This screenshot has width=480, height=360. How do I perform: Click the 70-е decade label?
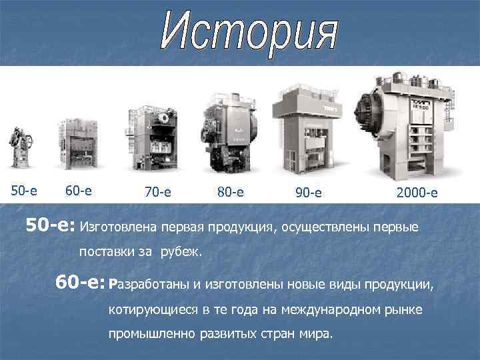click(157, 193)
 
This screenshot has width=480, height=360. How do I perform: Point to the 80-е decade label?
click(230, 193)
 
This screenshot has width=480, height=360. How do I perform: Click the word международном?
click(337, 311)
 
